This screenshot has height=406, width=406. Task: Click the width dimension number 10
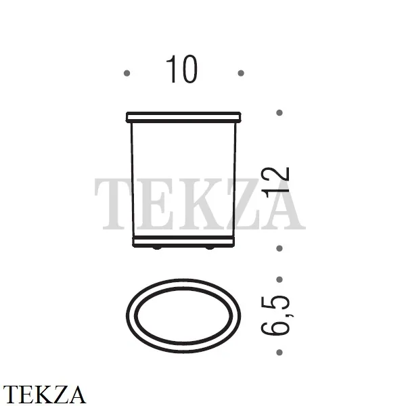181,69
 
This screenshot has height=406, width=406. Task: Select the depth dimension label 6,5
277,315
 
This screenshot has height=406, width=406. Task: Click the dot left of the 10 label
127,73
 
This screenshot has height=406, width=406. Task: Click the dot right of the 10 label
241,73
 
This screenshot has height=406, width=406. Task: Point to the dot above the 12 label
279,112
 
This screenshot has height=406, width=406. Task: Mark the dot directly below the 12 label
279,248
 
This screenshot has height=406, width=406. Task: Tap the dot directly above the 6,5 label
279,279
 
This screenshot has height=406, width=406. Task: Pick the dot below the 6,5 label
279,353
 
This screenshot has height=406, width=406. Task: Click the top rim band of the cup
183,117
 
